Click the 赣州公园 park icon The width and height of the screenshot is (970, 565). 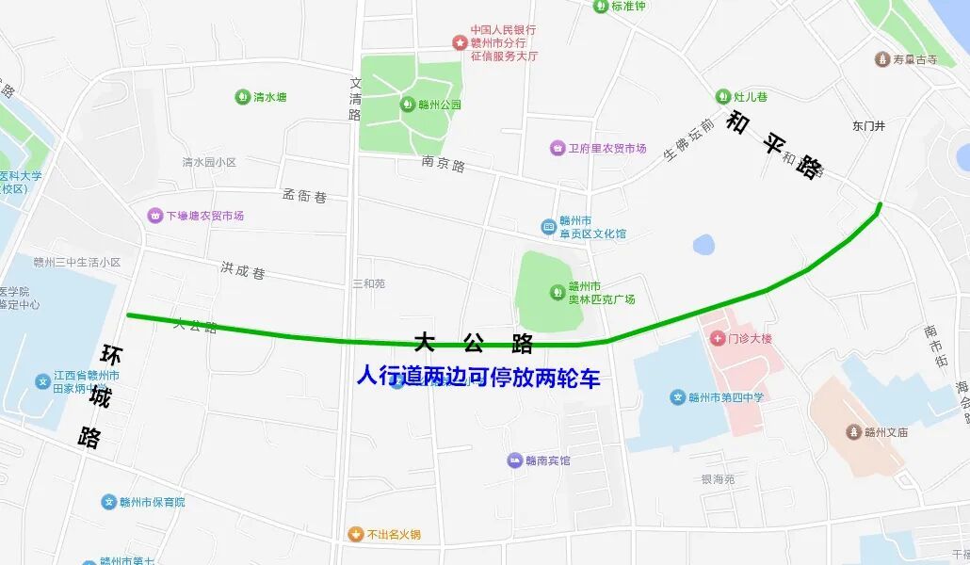pyautogui.click(x=409, y=105)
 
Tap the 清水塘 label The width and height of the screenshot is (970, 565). pyautogui.click(x=269, y=97)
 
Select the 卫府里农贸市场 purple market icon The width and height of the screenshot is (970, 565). pyautogui.click(x=558, y=148)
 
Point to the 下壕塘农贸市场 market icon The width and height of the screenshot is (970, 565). pyautogui.click(x=154, y=216)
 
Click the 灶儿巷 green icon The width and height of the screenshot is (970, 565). pyautogui.click(x=722, y=97)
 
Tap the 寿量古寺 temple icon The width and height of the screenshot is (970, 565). pyautogui.click(x=881, y=59)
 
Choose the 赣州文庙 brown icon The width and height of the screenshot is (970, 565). pyautogui.click(x=854, y=432)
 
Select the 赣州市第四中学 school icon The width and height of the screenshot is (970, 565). pyautogui.click(x=677, y=397)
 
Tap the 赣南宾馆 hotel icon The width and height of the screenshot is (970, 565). pyautogui.click(x=514, y=460)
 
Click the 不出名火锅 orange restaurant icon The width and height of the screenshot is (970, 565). pyautogui.click(x=355, y=534)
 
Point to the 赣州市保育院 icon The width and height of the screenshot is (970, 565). pyautogui.click(x=109, y=502)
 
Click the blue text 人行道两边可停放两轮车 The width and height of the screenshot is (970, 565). pyautogui.click(x=477, y=378)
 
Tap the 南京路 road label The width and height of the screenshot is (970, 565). pyautogui.click(x=444, y=165)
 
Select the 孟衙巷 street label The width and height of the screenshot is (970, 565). pyautogui.click(x=304, y=196)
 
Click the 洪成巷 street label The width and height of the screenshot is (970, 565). pyautogui.click(x=243, y=271)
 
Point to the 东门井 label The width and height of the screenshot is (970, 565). pyautogui.click(x=868, y=125)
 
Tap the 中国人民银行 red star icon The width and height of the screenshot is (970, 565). pyautogui.click(x=460, y=42)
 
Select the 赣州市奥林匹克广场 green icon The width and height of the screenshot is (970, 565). pyautogui.click(x=556, y=292)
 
